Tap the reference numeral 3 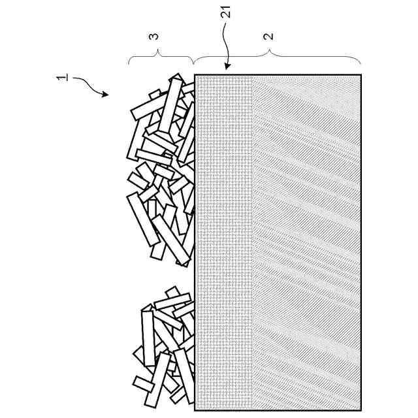[155, 36]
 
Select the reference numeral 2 [268, 36]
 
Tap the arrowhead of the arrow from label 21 [225, 68]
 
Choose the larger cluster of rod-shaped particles [162, 170]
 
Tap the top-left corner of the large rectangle [195, 75]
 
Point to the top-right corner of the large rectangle [361, 75]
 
